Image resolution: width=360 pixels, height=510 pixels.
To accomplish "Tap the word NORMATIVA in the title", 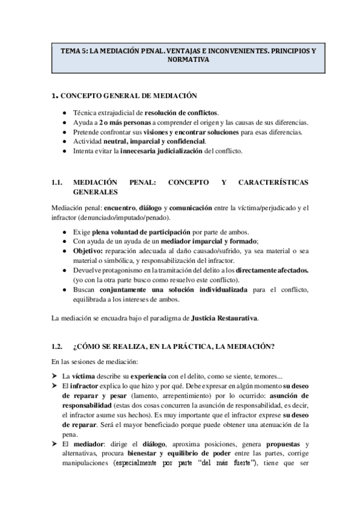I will (x=180, y=61).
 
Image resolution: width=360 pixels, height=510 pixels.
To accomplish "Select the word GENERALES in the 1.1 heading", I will (x=95, y=192).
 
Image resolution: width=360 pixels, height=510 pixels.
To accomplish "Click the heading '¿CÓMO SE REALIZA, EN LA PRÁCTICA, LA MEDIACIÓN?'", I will (x=174, y=346).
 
